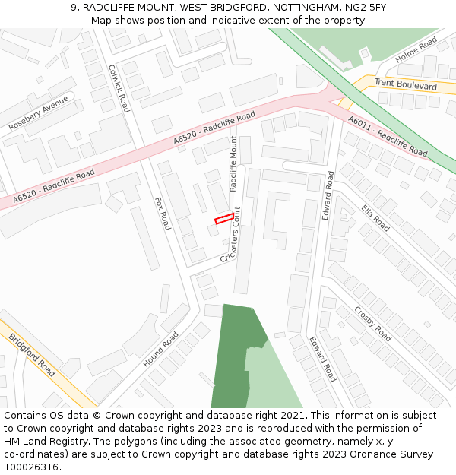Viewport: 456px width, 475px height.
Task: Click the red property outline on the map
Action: [223, 219]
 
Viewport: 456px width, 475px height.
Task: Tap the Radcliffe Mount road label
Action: [234, 163]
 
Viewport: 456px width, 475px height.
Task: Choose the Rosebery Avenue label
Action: [38, 112]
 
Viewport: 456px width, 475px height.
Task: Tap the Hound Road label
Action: [160, 349]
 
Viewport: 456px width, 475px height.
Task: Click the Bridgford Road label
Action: [32, 355]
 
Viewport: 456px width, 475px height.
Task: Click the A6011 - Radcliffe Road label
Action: [388, 137]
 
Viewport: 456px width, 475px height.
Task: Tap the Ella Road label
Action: [375, 218]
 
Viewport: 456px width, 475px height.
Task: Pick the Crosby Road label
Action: [372, 323]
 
